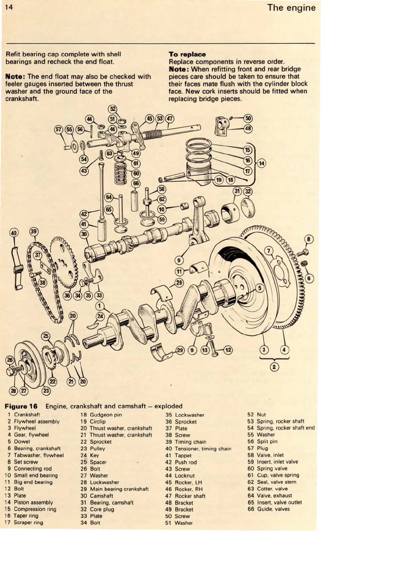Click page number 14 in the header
point(9,7)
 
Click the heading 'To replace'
point(187,54)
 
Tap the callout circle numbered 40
point(14,233)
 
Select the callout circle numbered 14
point(261,163)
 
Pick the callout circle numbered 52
point(113,109)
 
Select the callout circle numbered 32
point(248,191)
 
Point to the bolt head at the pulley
point(12,371)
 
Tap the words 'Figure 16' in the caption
point(21,406)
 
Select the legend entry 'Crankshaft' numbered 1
point(27,414)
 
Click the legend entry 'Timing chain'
point(190,442)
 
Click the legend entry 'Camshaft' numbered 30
point(101,496)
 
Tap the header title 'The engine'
point(291,7)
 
